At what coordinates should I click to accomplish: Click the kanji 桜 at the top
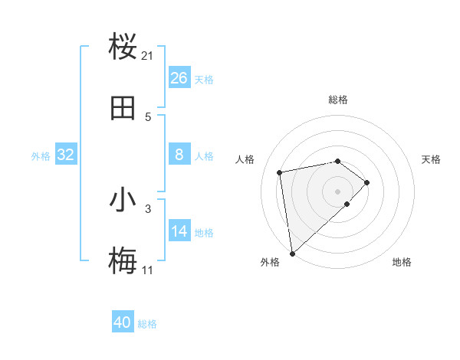pos(123,47)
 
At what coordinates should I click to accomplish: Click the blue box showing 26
pos(179,78)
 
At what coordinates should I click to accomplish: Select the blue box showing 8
pos(179,155)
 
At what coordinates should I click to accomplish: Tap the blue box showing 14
pos(179,231)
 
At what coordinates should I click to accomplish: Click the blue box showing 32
pos(66,155)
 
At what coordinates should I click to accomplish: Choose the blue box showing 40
pos(123,322)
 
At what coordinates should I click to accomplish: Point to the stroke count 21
pos(148,56)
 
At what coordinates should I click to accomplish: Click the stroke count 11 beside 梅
pos(147,270)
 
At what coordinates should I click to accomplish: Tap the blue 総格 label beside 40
pos(147,324)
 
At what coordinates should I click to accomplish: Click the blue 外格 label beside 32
pos(41,156)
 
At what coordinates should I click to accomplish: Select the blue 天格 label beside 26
pos(204,80)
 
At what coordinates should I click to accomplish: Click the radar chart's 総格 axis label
pos(338,100)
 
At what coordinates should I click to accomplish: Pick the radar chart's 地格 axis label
pos(402,262)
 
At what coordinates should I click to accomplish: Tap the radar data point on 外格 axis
pos(292,253)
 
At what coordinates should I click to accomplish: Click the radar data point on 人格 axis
pos(280,172)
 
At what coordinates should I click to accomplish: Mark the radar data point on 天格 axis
pos(367,182)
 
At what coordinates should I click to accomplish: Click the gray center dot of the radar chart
pos(338,190)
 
